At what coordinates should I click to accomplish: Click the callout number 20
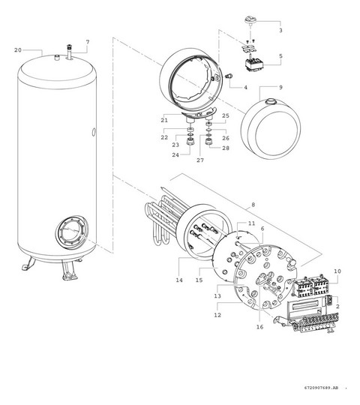pos(17,49)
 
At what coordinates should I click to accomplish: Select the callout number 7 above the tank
pos(87,41)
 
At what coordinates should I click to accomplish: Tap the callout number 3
pos(280,31)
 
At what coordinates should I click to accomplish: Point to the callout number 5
pos(280,56)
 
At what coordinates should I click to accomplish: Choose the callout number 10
pos(337,271)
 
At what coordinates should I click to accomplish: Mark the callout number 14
pos(178,280)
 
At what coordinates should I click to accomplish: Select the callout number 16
pos(260,328)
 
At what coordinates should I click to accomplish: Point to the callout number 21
pos(163,120)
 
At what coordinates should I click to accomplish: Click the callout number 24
pos(176,154)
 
